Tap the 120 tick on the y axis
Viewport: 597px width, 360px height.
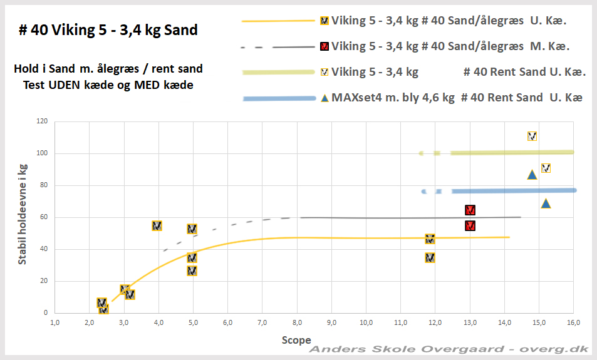click(43, 121)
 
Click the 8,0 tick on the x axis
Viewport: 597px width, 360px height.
click(297, 323)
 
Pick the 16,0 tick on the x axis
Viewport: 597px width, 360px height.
click(573, 323)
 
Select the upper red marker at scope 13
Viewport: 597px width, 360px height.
click(470, 210)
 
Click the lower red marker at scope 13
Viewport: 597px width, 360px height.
click(470, 226)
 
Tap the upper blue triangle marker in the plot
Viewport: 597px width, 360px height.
click(532, 175)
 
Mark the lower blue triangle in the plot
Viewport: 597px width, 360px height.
click(546, 203)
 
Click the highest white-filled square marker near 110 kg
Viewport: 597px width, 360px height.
click(532, 136)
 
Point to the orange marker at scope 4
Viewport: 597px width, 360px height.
click(157, 226)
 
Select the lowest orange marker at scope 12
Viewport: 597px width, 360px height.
click(430, 258)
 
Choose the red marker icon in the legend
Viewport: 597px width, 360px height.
click(324, 46)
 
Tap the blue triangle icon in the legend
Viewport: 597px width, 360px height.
click(324, 98)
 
